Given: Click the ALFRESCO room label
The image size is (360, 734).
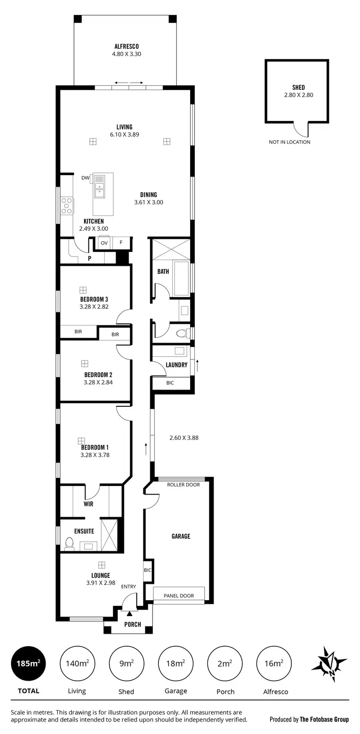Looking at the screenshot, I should tap(126, 47).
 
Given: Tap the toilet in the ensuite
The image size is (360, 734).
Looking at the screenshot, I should tap(70, 544).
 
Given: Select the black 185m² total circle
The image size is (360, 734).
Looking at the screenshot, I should tap(28, 663).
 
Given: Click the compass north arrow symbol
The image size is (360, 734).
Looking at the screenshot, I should tap(329, 664).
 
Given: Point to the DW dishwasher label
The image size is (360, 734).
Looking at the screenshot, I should tap(85, 178).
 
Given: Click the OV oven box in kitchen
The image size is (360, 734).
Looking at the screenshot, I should tap(104, 243).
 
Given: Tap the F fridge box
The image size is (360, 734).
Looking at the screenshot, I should tap(121, 243).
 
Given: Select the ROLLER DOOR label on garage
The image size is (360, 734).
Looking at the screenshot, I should tap(183, 485).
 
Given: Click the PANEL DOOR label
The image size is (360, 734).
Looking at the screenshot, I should tap(179, 596).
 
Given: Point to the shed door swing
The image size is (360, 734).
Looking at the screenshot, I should tap(301, 129).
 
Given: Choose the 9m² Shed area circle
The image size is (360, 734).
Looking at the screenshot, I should tap(126, 663).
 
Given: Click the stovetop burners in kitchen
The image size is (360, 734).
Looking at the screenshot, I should tap(67, 205).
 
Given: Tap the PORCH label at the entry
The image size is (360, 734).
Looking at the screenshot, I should tap(132, 624).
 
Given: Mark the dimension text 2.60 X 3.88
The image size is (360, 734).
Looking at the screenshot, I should tap(184, 438).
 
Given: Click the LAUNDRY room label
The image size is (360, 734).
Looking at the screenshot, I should tap(176, 365).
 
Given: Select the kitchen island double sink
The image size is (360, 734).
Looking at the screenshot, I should tap(100, 187).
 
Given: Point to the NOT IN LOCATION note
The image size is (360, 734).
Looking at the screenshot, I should tap(289, 142).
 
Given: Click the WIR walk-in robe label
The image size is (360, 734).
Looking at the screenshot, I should tap(88, 504).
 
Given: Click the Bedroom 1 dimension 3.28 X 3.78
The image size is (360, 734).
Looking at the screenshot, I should tap(95, 455).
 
